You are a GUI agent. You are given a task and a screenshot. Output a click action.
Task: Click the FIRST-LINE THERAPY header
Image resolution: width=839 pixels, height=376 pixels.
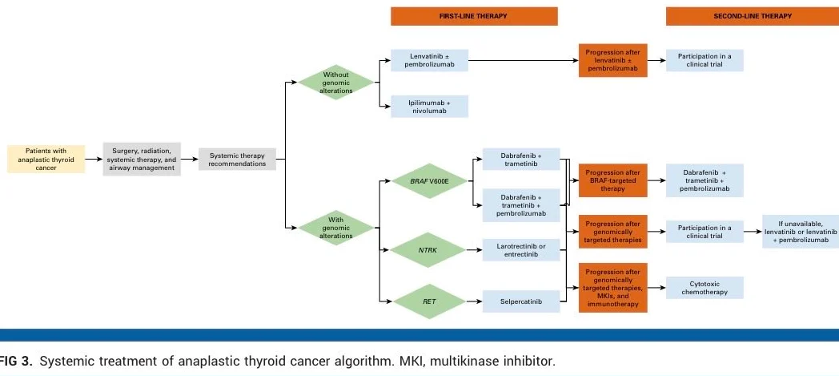[474, 16]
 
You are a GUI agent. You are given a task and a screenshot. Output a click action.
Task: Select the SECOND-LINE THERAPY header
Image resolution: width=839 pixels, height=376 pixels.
[752, 16]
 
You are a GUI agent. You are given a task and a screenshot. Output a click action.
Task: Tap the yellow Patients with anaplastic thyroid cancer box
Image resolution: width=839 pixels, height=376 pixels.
[46, 159]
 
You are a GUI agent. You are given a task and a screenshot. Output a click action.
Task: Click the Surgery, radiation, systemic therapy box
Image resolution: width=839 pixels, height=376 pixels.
[143, 159]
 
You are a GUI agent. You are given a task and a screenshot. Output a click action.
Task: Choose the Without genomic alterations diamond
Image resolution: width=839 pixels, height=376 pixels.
[336, 83]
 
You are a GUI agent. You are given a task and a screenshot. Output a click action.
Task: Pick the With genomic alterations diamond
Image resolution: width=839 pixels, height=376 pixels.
[336, 228]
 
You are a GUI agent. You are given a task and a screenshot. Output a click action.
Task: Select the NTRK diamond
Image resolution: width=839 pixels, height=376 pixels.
[428, 251]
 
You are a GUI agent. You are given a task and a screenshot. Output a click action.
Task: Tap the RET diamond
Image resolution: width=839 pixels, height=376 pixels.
[428, 301]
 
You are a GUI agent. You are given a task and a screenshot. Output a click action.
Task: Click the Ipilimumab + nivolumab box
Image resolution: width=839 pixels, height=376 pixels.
[430, 107]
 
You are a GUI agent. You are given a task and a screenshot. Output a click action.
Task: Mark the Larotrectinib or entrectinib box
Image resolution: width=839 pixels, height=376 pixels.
[521, 251]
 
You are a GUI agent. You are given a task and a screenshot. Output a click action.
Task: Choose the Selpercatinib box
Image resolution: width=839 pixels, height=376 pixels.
[521, 301]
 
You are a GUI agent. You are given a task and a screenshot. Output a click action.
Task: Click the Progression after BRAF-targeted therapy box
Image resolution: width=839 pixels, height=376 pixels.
[612, 180]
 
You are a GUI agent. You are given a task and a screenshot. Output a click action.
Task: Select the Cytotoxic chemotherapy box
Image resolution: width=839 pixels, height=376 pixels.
[705, 288]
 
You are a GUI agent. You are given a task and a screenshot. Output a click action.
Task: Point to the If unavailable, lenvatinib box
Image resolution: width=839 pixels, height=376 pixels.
[800, 232]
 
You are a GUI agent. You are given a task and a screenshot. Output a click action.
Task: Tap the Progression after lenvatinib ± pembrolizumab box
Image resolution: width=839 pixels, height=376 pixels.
[612, 61]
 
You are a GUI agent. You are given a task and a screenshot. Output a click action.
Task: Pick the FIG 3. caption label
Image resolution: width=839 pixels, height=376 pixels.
[16, 362]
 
